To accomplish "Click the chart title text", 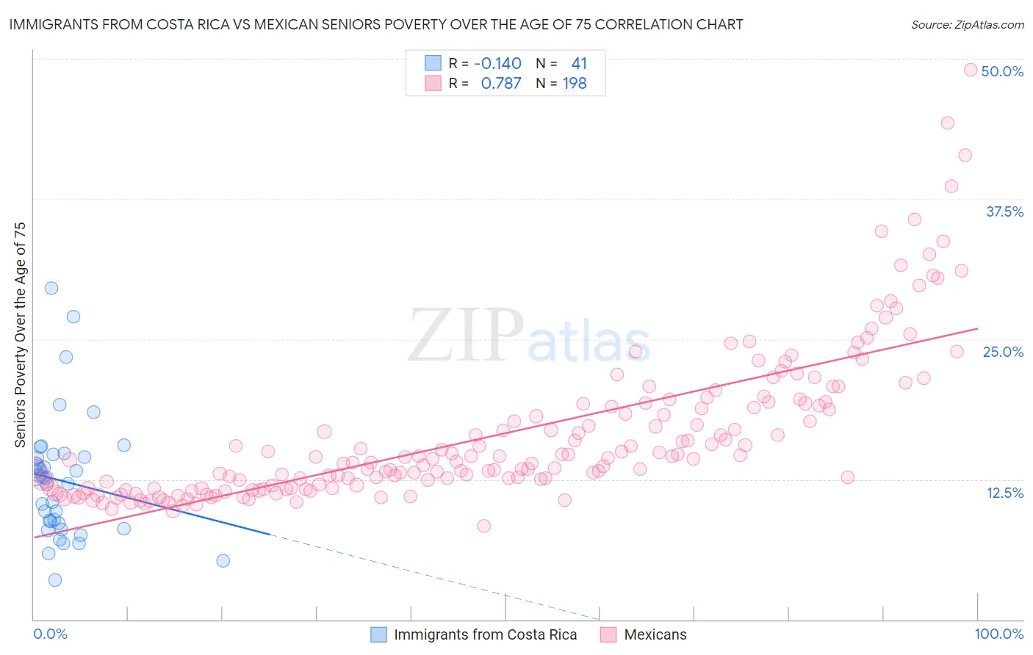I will click(376, 25).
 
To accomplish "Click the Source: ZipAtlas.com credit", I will click(967, 25).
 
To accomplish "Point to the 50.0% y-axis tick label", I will click(1002, 71).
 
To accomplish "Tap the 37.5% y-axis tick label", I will click(1004, 211).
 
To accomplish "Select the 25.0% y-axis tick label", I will click(1003, 352).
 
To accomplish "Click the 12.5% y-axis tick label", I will click(1004, 493).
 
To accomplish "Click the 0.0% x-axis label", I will click(50, 634).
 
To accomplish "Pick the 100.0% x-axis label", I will click(998, 634).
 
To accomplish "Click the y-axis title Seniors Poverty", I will click(21, 335).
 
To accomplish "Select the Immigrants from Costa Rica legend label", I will click(485, 634).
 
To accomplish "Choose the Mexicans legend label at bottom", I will click(655, 634).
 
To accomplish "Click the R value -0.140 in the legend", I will click(497, 63).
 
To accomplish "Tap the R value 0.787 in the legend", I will click(500, 83).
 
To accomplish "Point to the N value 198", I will click(575, 83).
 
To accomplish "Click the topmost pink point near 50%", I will click(970, 70).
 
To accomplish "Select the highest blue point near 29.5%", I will click(51, 288).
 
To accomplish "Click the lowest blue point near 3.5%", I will click(55, 580).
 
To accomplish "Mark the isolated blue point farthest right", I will click(223, 561).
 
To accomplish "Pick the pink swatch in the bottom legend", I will click(608, 634).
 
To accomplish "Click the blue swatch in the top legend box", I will click(433, 63).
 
